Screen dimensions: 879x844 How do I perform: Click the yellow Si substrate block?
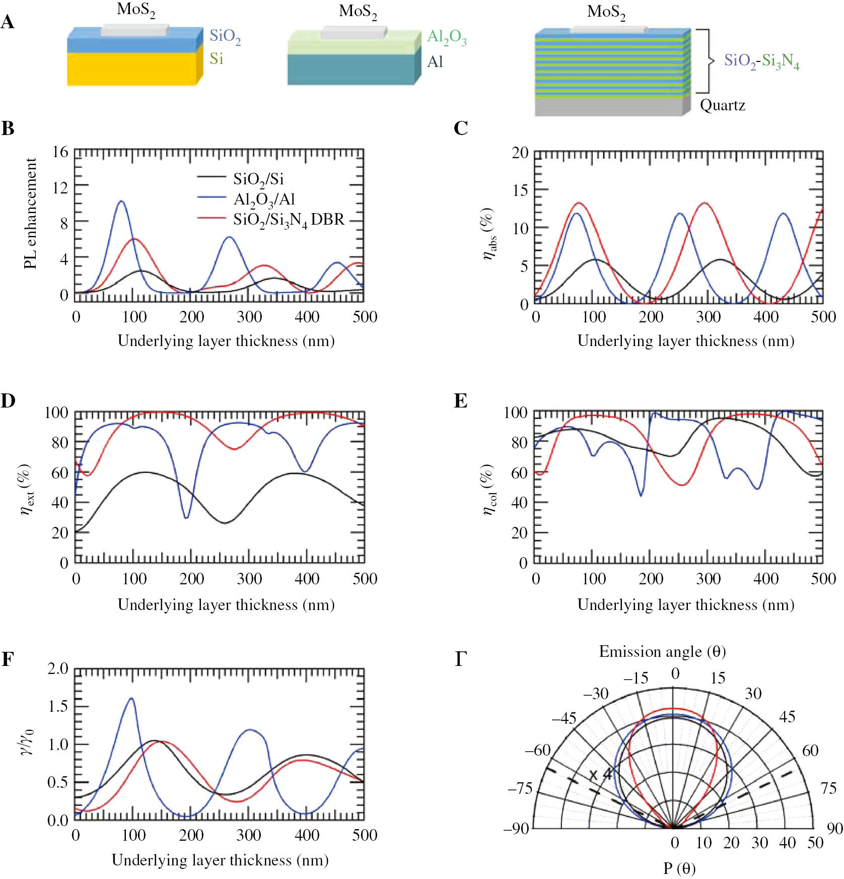pos(132,69)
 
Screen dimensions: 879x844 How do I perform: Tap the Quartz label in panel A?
pos(722,105)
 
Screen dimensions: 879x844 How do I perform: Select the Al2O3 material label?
pos(446,37)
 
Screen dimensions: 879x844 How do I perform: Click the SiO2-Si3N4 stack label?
pos(761,61)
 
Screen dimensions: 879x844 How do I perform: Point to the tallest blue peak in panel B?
pos(121,201)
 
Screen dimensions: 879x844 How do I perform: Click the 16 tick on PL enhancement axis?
pos(60,152)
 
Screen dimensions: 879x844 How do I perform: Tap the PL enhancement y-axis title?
pos(30,214)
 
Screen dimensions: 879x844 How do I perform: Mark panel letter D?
pos(8,401)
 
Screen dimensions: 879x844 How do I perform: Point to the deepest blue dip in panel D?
pos(186,517)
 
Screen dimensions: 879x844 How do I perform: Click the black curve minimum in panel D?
pos(225,523)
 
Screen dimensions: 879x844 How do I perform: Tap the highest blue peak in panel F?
pos(131,698)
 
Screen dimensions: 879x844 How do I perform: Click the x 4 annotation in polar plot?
pos(600,774)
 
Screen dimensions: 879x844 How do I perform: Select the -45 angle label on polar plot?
pos(564,718)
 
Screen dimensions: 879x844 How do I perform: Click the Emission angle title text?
pos(662,652)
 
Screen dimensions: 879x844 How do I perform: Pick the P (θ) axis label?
pos(679,868)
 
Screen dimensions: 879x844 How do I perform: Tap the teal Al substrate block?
pos(351,70)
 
